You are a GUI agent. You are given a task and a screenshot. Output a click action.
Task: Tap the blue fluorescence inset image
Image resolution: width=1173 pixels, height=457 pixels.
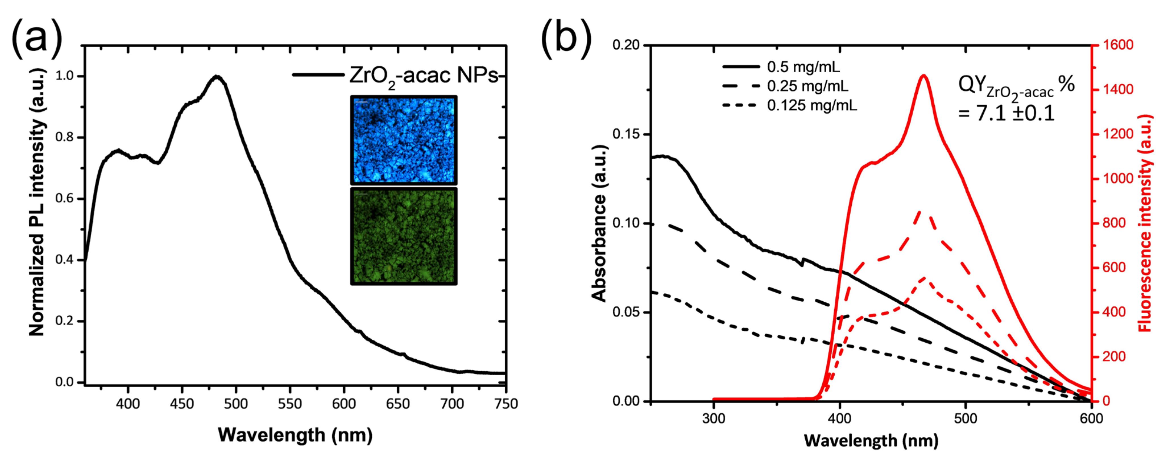(x=404, y=140)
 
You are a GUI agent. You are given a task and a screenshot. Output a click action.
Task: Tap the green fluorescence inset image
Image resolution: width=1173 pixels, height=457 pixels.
(x=404, y=236)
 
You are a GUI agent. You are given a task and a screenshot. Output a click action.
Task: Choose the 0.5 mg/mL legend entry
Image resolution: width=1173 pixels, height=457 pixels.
(x=803, y=67)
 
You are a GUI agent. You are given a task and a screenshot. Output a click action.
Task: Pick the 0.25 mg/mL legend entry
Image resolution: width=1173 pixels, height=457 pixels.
(x=807, y=86)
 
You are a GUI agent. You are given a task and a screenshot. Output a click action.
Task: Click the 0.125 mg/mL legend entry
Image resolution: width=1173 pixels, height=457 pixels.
(x=812, y=106)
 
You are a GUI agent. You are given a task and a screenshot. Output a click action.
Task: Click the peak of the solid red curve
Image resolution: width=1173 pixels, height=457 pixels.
(x=923, y=76)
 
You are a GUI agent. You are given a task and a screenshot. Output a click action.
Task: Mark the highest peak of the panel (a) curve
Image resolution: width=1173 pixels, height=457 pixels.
(x=218, y=77)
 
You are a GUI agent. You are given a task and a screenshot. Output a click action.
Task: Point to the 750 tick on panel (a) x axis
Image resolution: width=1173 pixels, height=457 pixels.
(x=506, y=404)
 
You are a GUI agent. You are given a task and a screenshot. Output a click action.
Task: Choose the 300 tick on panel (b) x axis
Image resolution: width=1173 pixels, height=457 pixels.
(x=713, y=418)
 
